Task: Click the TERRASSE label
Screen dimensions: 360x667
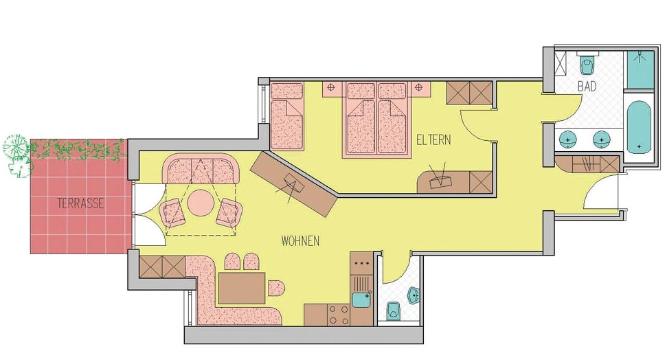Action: [80, 203]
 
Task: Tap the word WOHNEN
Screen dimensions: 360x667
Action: [300, 241]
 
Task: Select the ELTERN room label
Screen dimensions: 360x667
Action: [433, 140]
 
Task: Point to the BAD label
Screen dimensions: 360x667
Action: [587, 87]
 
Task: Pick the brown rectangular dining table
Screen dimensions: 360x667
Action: [241, 288]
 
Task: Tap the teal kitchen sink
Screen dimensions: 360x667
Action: [361, 299]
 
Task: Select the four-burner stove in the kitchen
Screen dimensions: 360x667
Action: [338, 315]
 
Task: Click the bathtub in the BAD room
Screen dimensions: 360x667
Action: [640, 128]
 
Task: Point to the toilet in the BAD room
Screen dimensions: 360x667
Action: [587, 65]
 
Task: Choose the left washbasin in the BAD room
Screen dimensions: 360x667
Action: [568, 139]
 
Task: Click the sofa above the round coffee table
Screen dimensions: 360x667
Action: [200, 168]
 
